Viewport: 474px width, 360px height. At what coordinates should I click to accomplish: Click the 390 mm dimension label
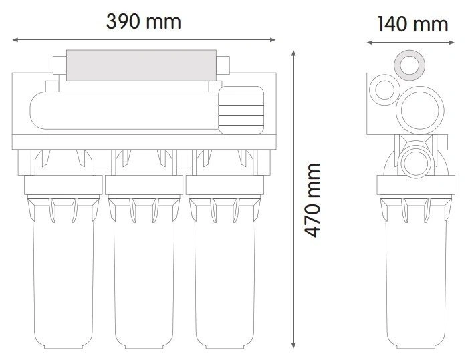tap(144, 22)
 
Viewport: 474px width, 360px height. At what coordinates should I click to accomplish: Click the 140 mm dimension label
tap(412, 25)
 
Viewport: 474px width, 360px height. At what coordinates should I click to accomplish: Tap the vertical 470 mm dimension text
tap(312, 200)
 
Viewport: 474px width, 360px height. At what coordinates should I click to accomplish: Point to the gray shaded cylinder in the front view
tap(141, 65)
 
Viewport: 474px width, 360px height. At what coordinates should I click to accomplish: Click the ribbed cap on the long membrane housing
tap(241, 110)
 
